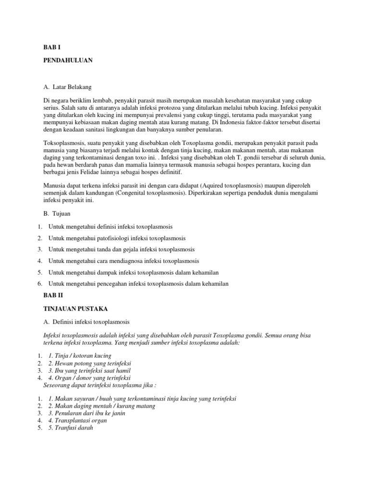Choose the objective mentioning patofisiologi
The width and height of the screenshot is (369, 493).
(117, 238)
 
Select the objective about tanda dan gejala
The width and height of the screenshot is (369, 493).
(122, 249)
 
